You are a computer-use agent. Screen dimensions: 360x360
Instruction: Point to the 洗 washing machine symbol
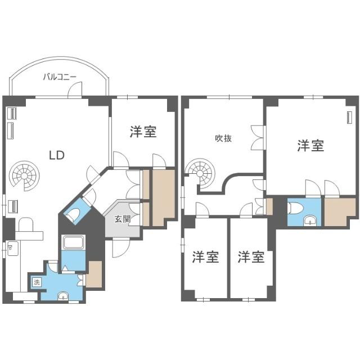click(37, 281)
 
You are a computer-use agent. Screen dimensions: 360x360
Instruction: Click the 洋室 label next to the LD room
click(143, 132)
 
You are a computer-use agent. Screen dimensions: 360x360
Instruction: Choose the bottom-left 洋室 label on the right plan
click(205, 258)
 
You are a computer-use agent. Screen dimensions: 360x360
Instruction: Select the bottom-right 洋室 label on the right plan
click(250, 258)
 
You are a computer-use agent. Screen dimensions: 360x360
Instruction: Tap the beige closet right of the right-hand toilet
click(339, 211)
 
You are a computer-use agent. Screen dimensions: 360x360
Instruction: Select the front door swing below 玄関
click(120, 247)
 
